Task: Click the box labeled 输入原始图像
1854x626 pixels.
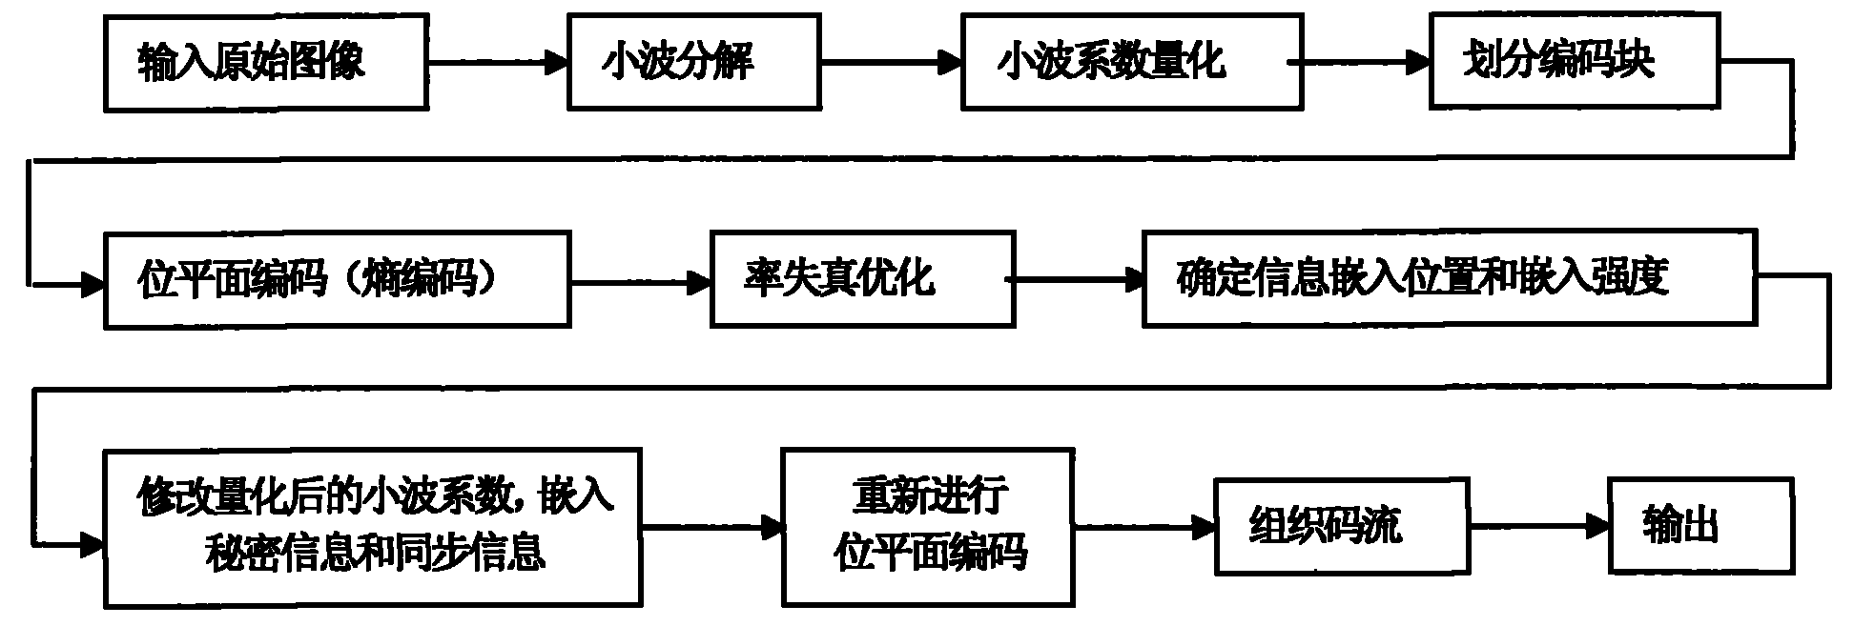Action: pyautogui.click(x=265, y=63)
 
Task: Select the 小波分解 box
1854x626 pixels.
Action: pyautogui.click(x=693, y=63)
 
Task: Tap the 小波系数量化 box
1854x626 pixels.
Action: pyautogui.click(x=1131, y=63)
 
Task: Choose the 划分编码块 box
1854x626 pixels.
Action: pyautogui.click(x=1575, y=61)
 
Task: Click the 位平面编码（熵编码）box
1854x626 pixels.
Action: pyautogui.click(x=337, y=280)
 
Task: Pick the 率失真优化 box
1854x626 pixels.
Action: pyautogui.click(x=861, y=280)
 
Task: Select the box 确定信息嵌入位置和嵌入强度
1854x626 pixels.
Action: pyautogui.click(x=1449, y=278)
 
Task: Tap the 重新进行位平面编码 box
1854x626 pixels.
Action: pyautogui.click(x=928, y=526)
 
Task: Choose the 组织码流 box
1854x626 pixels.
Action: pyautogui.click(x=1339, y=526)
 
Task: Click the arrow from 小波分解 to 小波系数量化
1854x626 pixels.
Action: pyautogui.click(x=891, y=63)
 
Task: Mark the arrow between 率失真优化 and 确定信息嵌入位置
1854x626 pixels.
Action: pyautogui.click(x=1078, y=279)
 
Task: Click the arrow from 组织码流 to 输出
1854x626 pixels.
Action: pyautogui.click(x=1536, y=525)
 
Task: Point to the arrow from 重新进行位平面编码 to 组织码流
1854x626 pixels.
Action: pyautogui.click(x=1144, y=525)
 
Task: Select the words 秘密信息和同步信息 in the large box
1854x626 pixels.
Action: pyautogui.click(x=374, y=552)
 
